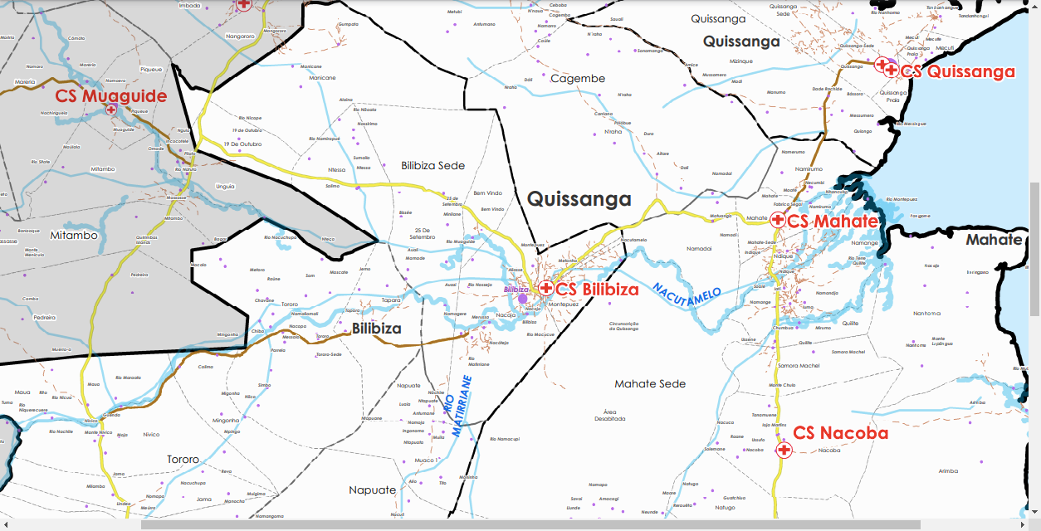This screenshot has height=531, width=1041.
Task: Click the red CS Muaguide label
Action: click(111, 96)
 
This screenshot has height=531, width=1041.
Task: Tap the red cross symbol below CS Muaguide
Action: click(110, 110)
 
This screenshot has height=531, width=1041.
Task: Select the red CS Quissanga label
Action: click(958, 72)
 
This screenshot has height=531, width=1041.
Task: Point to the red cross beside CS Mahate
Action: click(777, 220)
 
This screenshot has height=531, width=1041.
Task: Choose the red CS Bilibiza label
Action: click(597, 290)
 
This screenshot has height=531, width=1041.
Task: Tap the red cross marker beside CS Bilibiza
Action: click(545, 288)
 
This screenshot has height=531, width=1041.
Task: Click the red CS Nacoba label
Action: click(840, 433)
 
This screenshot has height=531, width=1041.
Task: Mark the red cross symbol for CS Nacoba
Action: click(783, 450)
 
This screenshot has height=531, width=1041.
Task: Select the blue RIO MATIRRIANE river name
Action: click(458, 406)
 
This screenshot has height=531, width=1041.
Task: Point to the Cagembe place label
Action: click(578, 79)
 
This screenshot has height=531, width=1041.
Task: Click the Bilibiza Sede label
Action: click(433, 166)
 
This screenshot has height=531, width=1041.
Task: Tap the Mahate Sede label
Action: click(650, 384)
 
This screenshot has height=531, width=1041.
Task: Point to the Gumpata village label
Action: click(348, 24)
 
